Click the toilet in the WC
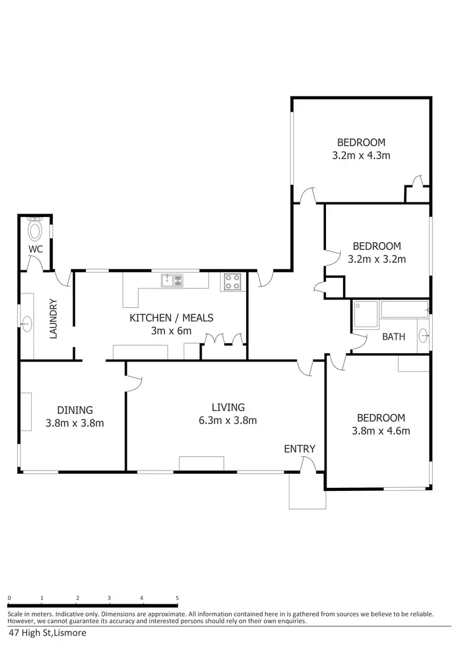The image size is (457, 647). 35,231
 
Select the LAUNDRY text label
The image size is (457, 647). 53,318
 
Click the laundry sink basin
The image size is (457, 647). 27,324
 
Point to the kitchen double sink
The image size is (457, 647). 172,281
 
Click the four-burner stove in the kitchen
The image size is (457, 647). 232,281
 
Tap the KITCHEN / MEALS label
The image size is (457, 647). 171,318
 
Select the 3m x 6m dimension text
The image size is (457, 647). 171,331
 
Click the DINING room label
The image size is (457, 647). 75,410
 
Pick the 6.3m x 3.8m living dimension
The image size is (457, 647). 228,420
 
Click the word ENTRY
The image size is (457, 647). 300,449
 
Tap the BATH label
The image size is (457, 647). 394,337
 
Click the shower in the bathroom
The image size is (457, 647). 366,314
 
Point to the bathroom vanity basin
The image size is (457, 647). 423,335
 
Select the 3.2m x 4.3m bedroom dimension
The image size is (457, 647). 361,155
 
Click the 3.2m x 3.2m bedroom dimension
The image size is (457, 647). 377,259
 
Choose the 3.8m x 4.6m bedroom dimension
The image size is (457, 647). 380,431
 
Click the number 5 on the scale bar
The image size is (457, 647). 177,598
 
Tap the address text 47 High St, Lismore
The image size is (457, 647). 48,633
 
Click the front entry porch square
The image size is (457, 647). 307,492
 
